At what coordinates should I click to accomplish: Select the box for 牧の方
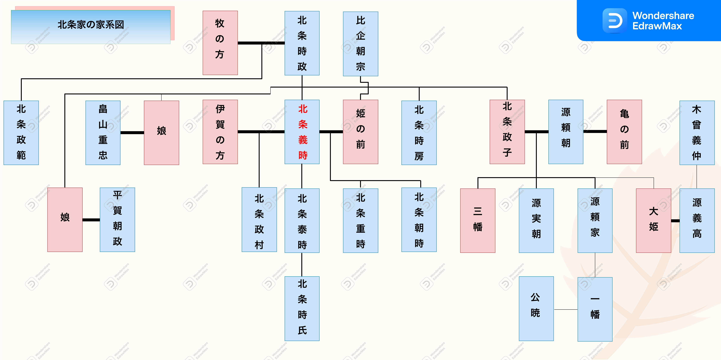(x=220, y=43)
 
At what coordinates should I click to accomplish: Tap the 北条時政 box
(x=302, y=43)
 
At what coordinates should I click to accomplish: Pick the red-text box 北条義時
(x=302, y=132)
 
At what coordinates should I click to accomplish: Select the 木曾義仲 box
(x=697, y=133)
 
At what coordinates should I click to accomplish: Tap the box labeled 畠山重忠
(x=103, y=133)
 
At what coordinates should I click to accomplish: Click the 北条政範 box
(x=21, y=133)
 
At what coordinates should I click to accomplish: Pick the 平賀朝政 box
(x=117, y=220)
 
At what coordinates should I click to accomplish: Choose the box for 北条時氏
(x=302, y=308)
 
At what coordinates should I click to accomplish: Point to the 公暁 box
(x=536, y=308)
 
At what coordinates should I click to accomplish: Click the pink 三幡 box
(x=477, y=220)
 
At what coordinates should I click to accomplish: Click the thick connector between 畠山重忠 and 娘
(x=132, y=133)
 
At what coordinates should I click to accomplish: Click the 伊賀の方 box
(x=220, y=132)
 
